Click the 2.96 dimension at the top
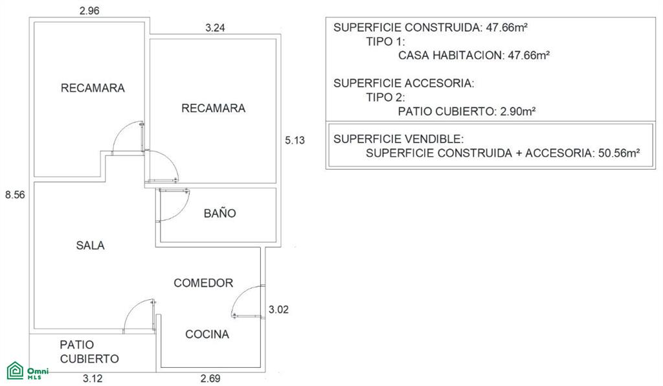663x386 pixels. [89, 10]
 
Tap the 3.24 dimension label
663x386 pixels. [215, 28]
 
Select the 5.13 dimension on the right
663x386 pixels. [295, 141]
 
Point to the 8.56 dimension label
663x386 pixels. [15, 195]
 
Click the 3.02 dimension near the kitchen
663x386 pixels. [278, 310]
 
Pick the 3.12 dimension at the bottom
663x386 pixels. [93, 378]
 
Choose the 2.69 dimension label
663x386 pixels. [210, 378]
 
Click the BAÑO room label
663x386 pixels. [220, 213]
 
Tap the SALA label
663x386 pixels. [90, 245]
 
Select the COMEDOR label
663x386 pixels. [203, 283]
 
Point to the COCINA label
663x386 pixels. [207, 334]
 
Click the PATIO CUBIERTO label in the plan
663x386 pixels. [89, 352]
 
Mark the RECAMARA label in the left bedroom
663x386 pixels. [93, 88]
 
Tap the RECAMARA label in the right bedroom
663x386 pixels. [213, 108]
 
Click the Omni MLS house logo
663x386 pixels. [16, 370]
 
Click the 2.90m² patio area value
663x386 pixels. [518, 111]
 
